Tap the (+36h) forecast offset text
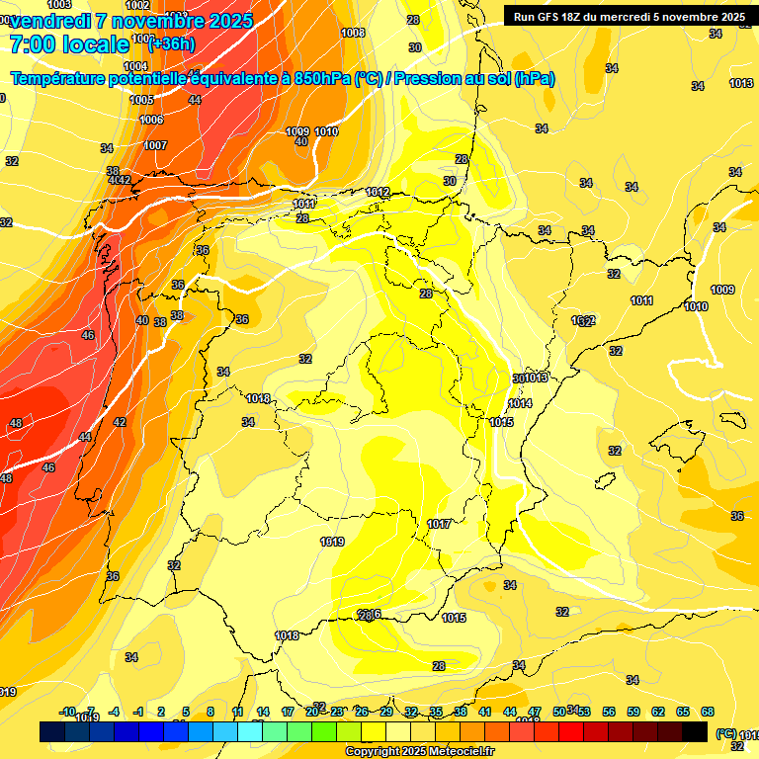170,44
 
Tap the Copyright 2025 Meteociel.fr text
419,752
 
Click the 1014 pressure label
520,404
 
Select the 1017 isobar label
440,524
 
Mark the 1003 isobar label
58,5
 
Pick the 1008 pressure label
353,33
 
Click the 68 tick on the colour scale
708,712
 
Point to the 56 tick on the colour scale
609,712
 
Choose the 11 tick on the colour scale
238,712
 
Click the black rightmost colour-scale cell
695,731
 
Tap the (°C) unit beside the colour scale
725,733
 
